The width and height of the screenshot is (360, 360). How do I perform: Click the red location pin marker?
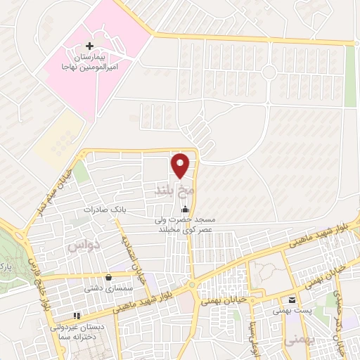pyautogui.click(x=181, y=165)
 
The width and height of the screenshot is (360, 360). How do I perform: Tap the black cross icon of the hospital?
pyautogui.click(x=89, y=46)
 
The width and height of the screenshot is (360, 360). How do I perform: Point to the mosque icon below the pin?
pyautogui.click(x=186, y=210)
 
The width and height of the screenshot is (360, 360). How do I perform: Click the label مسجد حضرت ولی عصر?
pyautogui.click(x=185, y=224)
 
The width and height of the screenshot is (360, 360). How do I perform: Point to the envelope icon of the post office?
pyautogui.click(x=292, y=298)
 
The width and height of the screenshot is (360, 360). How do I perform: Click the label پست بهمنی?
pyautogui.click(x=292, y=309)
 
